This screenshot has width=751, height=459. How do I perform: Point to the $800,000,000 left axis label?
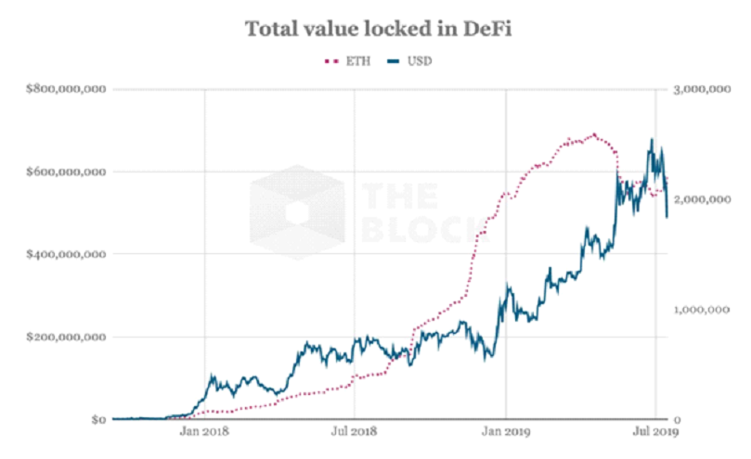64,90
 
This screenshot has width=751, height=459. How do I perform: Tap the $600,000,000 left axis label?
64,172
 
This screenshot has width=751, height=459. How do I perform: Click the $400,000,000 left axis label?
64,254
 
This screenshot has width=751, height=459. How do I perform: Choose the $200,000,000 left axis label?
64,337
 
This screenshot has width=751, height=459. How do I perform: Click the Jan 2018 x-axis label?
202,432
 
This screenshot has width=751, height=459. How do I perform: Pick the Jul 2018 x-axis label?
354,432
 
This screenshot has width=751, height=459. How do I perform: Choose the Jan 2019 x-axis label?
505,432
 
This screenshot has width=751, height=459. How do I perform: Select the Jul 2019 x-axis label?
655,432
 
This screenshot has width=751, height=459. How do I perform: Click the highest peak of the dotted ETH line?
594,134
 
